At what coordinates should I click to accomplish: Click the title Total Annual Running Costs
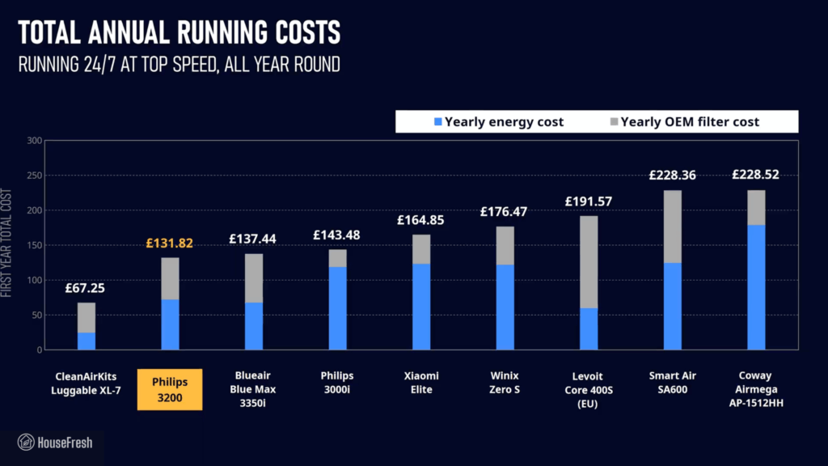coord(179,33)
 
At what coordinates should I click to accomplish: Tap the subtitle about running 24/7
coord(179,65)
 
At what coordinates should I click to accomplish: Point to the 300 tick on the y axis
coord(34,140)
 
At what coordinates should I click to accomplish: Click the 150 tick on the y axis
coord(34,245)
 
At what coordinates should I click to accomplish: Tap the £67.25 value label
coord(86,288)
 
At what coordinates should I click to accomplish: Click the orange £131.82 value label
coord(170,243)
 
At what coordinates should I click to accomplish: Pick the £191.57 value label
coord(589,201)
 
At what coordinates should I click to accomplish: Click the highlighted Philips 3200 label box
coord(170,390)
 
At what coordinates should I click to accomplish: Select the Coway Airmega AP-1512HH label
coord(756,390)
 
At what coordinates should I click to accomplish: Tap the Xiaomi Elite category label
coord(421,383)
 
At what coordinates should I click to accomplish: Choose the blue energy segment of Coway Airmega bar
coord(756,287)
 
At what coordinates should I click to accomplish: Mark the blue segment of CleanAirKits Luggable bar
coord(86,341)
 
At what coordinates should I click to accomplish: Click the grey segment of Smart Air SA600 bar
coord(672,227)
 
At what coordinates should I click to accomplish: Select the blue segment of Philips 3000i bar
coord(337,307)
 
